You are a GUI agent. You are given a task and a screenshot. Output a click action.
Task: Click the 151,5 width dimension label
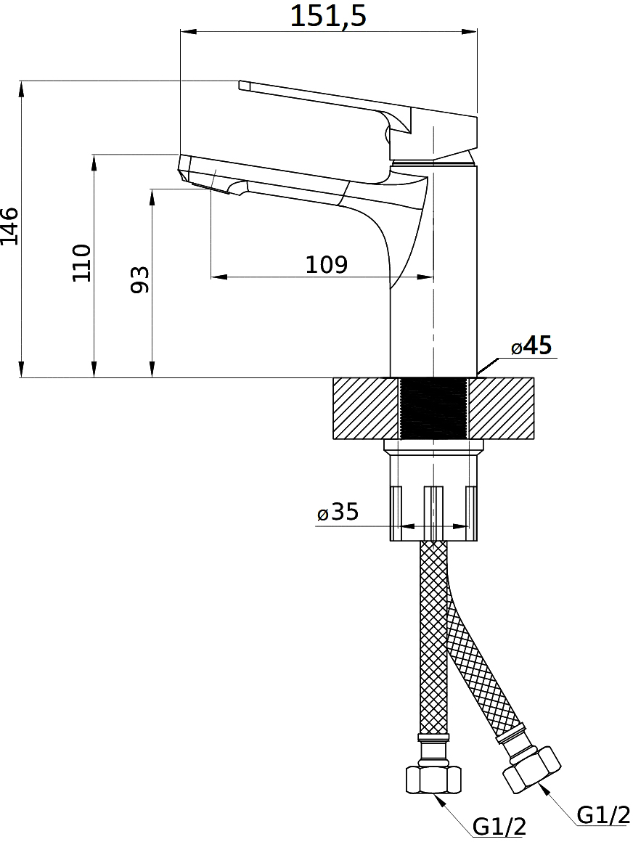[328, 16]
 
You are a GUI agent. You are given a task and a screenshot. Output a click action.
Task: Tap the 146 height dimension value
[9, 226]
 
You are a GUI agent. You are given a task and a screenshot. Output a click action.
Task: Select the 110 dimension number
[81, 263]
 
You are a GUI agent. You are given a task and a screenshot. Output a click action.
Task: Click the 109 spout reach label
[327, 264]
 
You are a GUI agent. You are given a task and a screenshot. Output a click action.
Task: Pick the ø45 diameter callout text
[531, 346]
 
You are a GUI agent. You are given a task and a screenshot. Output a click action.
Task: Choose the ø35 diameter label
[338, 512]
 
